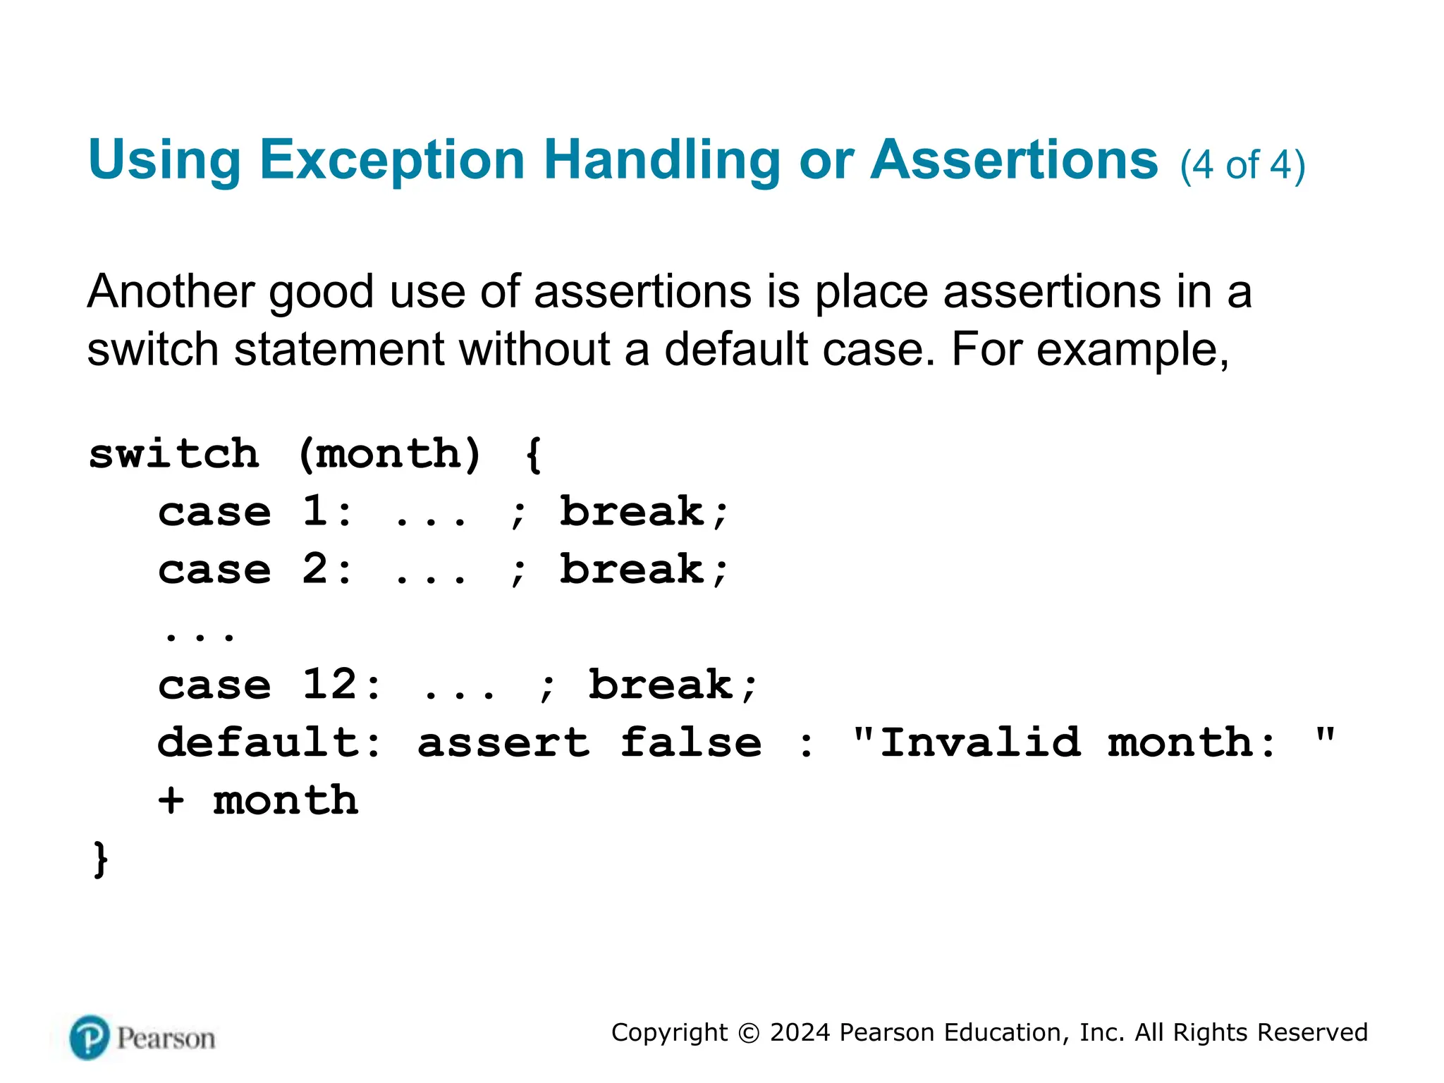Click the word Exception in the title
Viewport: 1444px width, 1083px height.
392,161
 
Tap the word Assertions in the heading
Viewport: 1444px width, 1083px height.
1014,161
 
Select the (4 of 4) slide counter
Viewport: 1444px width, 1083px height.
1242,166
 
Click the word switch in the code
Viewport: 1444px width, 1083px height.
174,454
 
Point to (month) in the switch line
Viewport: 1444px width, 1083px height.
390,454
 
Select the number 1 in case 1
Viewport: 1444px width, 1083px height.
314,511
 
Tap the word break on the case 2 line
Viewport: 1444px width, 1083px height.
632,570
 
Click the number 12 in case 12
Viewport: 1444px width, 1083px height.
329,685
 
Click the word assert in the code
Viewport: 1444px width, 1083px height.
503,743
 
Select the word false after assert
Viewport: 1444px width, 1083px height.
691,743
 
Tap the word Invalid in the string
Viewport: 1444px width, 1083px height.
980,743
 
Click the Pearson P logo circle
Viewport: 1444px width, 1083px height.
90,1038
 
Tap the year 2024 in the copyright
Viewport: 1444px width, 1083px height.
800,1033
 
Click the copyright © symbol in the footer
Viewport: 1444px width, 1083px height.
748,1034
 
